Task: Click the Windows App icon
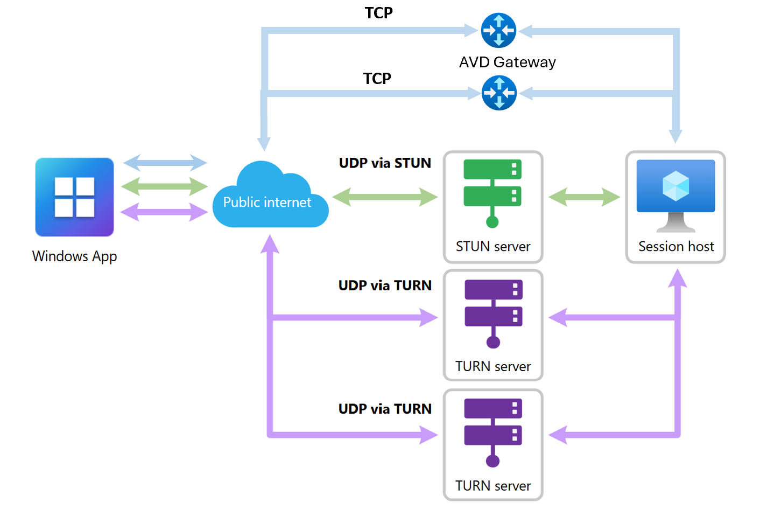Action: point(74,197)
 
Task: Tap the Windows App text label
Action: point(74,256)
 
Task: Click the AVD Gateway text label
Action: point(507,62)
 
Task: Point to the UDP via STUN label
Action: point(385,163)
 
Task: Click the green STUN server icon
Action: point(492,189)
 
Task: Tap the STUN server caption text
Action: point(493,247)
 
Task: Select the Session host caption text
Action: point(676,247)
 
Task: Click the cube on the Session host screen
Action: point(676,186)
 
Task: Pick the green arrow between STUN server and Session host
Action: point(585,197)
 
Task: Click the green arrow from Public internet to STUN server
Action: point(385,197)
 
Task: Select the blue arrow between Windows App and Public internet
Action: point(165,163)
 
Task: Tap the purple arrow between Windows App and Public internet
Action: point(165,212)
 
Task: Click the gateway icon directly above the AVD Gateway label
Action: point(498,31)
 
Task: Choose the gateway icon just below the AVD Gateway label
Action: point(499,93)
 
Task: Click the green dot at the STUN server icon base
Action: point(492,221)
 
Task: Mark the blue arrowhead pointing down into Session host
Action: point(675,136)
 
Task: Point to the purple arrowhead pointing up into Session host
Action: point(677,278)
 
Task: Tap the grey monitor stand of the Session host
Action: point(676,222)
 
